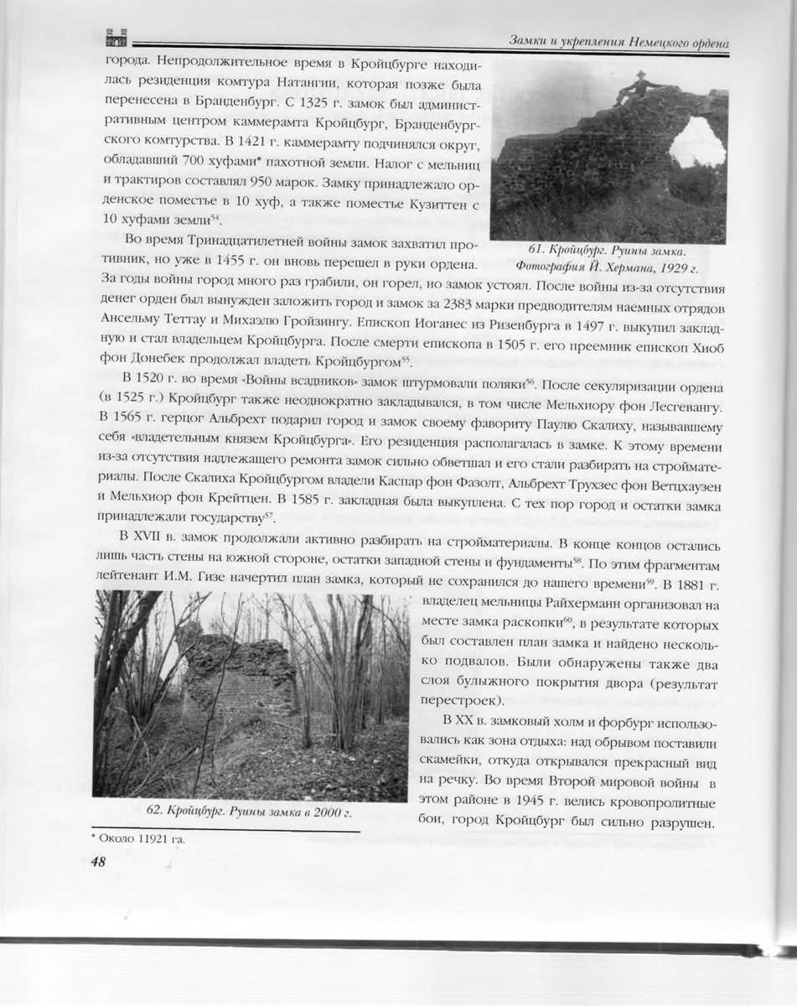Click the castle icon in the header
[x=115, y=39]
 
